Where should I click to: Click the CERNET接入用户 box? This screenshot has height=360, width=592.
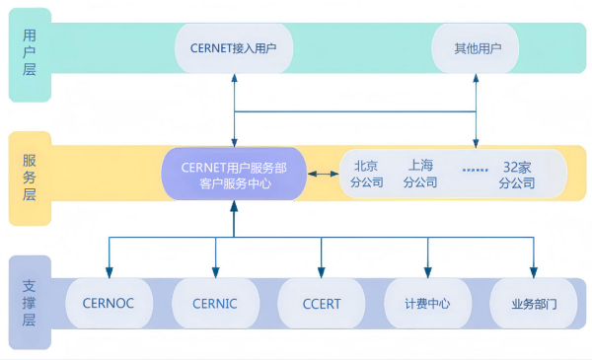point(235,47)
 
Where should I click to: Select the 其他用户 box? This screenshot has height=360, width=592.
point(478,47)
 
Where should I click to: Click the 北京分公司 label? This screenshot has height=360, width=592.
point(366,175)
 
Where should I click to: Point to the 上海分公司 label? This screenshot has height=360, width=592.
point(420,175)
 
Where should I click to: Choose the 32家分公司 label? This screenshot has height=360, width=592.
point(517,175)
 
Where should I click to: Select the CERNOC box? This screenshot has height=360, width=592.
point(110,303)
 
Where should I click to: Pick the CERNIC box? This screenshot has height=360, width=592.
point(215,303)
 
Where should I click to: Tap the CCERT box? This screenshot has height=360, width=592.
point(322,303)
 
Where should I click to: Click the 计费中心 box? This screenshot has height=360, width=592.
point(427,303)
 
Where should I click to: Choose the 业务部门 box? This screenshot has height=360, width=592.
point(534,303)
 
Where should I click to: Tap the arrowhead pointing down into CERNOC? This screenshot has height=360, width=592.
point(110,271)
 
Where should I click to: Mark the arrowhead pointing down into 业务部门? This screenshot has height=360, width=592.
point(534,271)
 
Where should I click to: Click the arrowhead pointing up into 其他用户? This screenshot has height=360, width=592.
point(478,79)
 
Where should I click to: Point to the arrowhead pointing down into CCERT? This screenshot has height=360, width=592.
point(322,271)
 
